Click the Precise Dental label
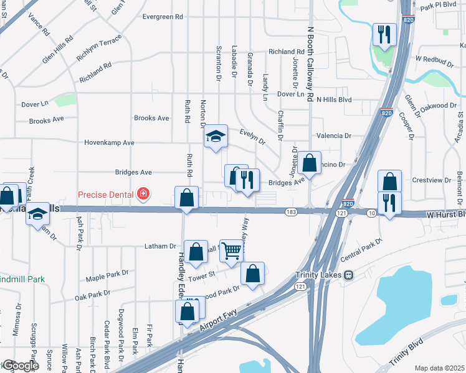point(106,195)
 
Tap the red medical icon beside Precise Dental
point(144,195)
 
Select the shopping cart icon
point(232,251)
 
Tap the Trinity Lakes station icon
point(349,274)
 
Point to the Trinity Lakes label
point(320,274)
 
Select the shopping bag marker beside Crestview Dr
point(389,182)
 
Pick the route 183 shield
point(291,212)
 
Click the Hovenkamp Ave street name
point(110,142)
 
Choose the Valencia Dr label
point(334,135)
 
